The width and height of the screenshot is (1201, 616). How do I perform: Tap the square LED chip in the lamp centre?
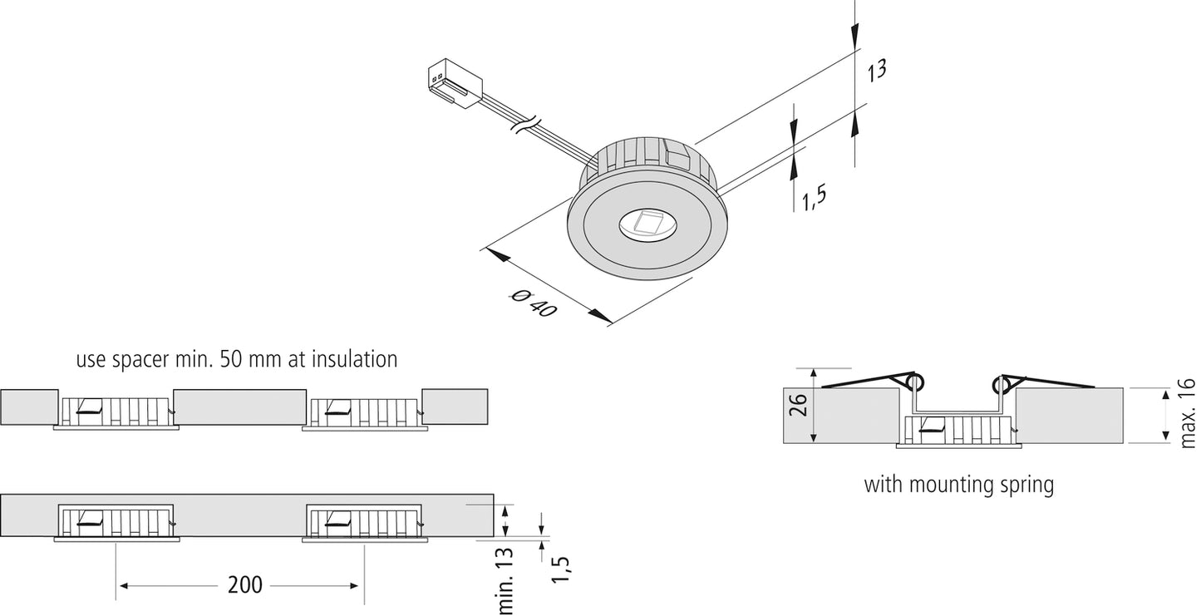647,224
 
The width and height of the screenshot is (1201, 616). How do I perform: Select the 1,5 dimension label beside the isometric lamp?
814,197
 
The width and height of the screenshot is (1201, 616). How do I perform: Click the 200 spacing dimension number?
245,585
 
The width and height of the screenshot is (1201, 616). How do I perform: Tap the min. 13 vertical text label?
506,581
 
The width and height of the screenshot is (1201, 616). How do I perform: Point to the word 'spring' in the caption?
1027,484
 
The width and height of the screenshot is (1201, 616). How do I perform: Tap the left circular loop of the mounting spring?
914,383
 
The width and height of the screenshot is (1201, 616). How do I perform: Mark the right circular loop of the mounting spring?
1002,383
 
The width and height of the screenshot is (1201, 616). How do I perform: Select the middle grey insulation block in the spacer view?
240,407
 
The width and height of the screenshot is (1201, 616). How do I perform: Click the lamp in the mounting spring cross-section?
957,431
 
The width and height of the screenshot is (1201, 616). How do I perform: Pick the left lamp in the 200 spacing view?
116,522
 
